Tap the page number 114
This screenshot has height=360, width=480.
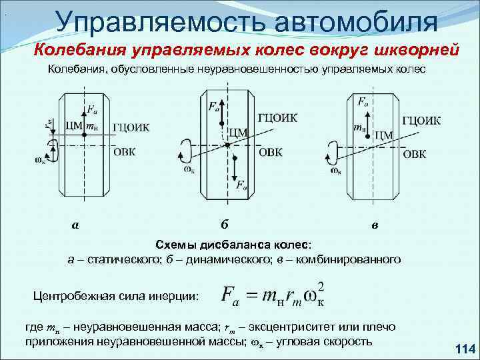click(x=462, y=348)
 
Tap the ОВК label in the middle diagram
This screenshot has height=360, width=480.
click(x=270, y=153)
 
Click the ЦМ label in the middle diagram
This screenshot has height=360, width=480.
click(x=238, y=133)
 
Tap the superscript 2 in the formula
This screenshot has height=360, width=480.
click(x=321, y=286)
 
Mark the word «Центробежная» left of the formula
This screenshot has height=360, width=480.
click(x=73, y=295)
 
